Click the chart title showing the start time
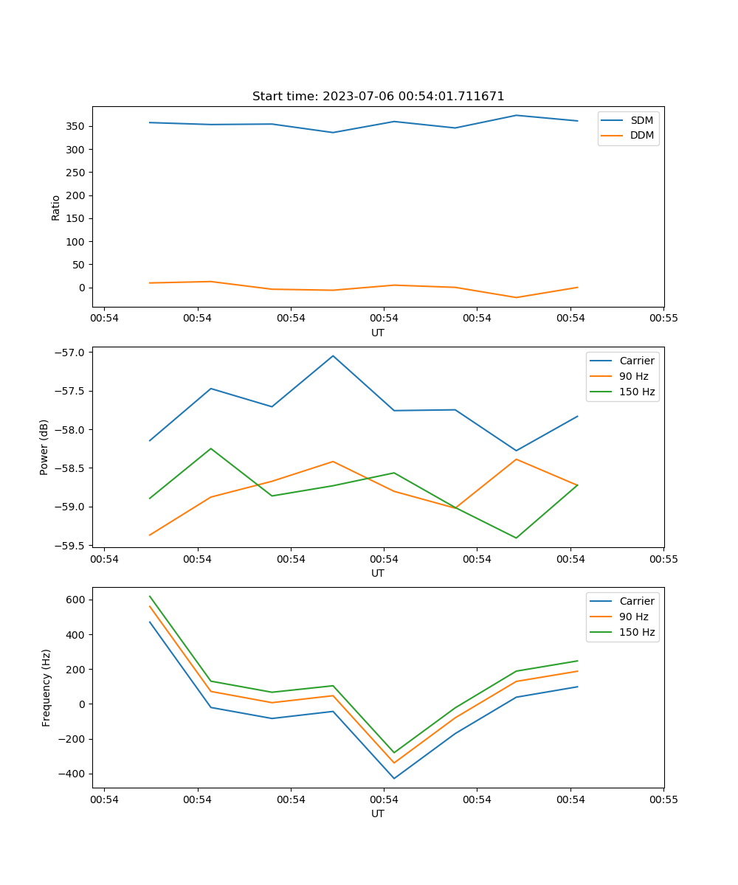(x=378, y=97)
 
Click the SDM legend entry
(x=641, y=120)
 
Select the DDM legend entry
(x=641, y=136)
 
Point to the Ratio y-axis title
(x=56, y=207)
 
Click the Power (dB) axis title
(x=44, y=447)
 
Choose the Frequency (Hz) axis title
(x=46, y=687)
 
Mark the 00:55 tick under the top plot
(x=663, y=318)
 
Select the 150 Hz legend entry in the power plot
(x=637, y=392)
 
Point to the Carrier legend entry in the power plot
(x=637, y=361)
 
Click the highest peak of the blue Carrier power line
(x=333, y=355)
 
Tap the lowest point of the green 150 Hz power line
(x=516, y=538)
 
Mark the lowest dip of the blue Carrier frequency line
(x=394, y=778)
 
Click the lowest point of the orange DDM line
(x=516, y=297)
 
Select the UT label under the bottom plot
(x=378, y=813)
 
